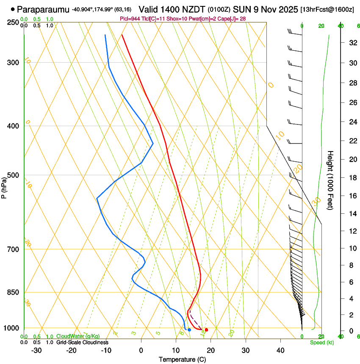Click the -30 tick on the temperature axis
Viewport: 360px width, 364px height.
click(36, 350)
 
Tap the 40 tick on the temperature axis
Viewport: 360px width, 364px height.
click(280, 350)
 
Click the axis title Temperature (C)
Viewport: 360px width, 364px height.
click(182, 359)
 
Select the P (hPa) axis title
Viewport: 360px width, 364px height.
click(4, 186)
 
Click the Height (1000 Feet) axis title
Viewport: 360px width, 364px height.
click(330, 180)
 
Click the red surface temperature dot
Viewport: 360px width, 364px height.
click(206, 330)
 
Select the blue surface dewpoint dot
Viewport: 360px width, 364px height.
click(189, 330)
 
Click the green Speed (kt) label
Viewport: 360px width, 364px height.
click(321, 342)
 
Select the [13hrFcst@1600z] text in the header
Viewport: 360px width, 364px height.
click(327, 9)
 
